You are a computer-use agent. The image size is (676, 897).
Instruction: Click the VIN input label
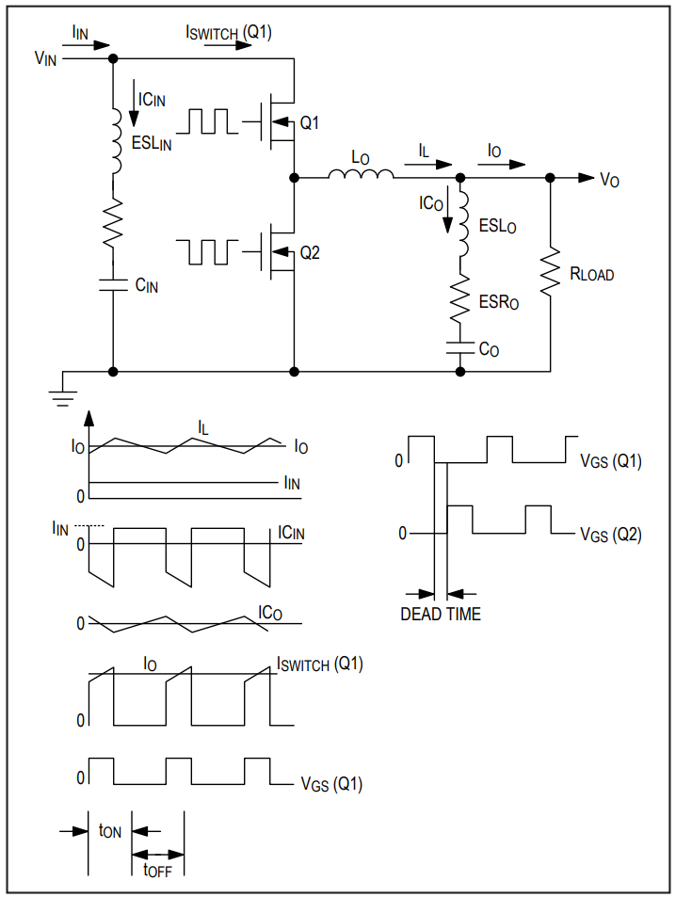pos(46,58)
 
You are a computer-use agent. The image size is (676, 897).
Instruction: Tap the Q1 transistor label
pos(309,122)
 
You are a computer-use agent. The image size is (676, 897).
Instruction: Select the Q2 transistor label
pos(310,252)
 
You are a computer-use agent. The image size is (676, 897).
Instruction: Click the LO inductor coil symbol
pos(362,174)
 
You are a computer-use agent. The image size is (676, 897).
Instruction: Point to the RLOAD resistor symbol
pos(550,272)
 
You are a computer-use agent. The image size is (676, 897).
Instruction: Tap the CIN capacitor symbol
pos(113,285)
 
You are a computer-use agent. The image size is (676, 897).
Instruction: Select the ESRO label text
pos(499,301)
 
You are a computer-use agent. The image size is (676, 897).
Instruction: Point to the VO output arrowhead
pos(587,178)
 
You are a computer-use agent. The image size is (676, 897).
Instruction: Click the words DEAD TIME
pos(441,614)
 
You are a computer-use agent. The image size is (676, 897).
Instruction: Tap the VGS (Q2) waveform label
pos(611,535)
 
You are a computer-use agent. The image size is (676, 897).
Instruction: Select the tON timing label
pos(110,830)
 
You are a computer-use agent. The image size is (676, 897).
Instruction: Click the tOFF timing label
pos(157,870)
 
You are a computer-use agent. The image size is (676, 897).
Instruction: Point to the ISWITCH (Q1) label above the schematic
pos(229,33)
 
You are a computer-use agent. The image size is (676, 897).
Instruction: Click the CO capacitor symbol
pos(459,348)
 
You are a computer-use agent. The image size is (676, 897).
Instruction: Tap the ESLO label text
pos(497,226)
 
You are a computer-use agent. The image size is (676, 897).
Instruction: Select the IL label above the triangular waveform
pos(202,427)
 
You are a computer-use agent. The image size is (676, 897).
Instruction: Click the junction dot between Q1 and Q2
pos(294,178)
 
